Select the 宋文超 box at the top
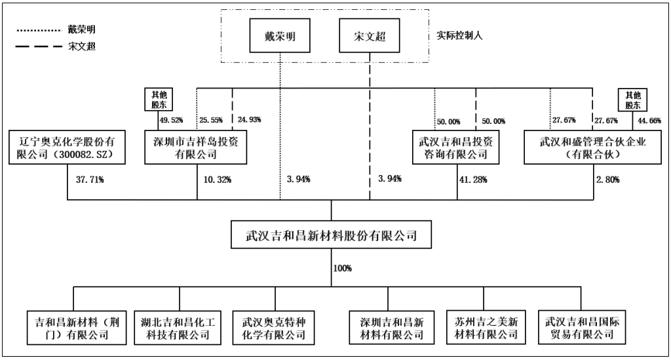[x=368, y=36]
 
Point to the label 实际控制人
[x=456, y=36]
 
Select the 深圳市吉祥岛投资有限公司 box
[x=196, y=147]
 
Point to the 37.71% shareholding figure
[x=90, y=178]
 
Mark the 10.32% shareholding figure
[x=220, y=178]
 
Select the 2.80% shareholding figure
[x=606, y=178]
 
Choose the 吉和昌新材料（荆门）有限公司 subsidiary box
[x=71, y=329]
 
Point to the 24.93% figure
[x=250, y=120]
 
